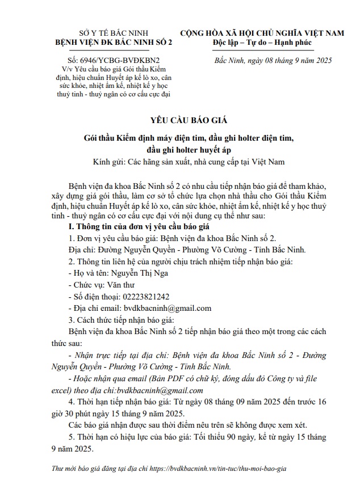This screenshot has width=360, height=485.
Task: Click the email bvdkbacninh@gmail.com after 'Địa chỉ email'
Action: pos(168,308)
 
